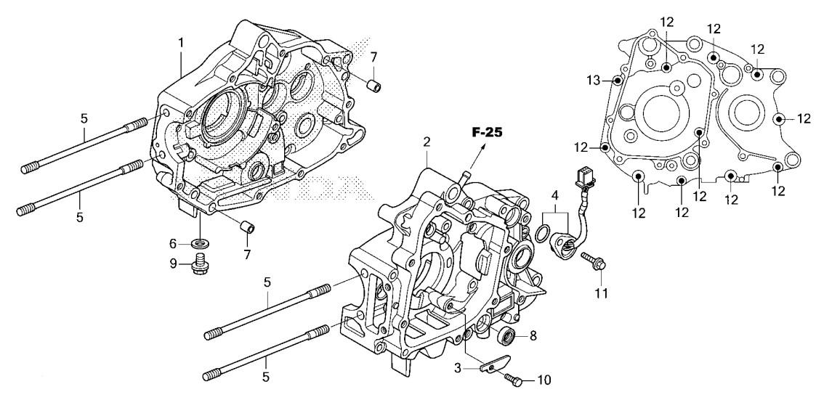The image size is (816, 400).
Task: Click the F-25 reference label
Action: click(487, 133)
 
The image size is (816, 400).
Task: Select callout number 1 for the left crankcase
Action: click(181, 43)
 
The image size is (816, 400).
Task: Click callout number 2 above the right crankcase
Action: click(427, 142)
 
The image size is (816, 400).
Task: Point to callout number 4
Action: click(555, 196)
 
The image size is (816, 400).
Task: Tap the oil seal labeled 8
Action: click(506, 337)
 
